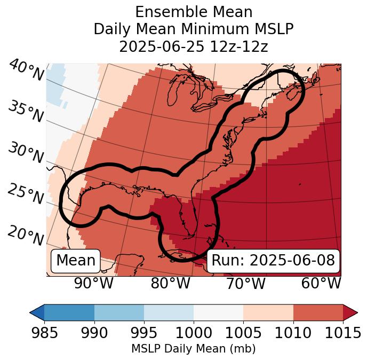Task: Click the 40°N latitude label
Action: (26, 71)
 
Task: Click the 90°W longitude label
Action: (94, 283)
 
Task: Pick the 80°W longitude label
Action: (170, 283)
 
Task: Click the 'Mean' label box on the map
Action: (76, 261)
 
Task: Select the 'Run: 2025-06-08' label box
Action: (273, 261)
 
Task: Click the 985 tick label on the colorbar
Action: (44, 333)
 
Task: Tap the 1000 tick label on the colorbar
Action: (194, 333)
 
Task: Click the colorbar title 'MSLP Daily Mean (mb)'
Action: (193, 349)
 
